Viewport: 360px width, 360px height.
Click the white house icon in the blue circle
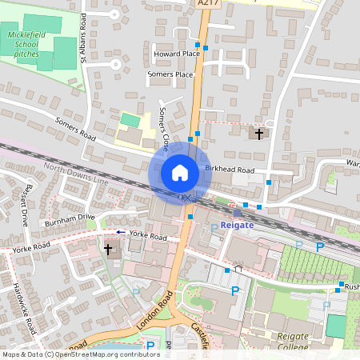(180, 173)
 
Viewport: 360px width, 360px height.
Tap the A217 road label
(206, 3)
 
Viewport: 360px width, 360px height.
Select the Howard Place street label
(175, 54)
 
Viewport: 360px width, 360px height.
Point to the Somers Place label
(170, 74)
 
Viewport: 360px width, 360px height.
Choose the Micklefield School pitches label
(26, 42)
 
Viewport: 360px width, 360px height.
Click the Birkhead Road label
(229, 170)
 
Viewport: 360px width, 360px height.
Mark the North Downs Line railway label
(76, 175)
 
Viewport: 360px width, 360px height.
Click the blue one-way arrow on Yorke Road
(119, 232)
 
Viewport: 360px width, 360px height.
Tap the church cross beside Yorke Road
(108, 250)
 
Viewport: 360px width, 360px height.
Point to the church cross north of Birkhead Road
(259, 134)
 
